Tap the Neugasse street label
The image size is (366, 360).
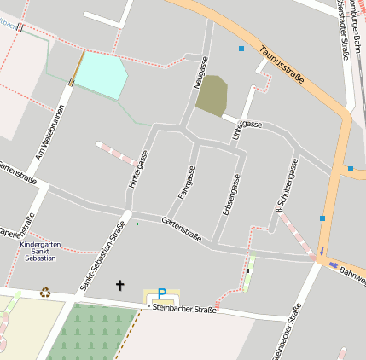point(200,73)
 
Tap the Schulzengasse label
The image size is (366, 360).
point(286,185)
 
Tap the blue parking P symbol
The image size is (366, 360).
point(161,293)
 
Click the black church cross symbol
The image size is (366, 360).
point(119,286)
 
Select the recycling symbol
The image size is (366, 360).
point(45,293)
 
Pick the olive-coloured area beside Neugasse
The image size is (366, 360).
point(212,96)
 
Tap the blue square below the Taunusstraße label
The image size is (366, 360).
point(241,49)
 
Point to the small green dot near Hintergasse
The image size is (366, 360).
point(137,224)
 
